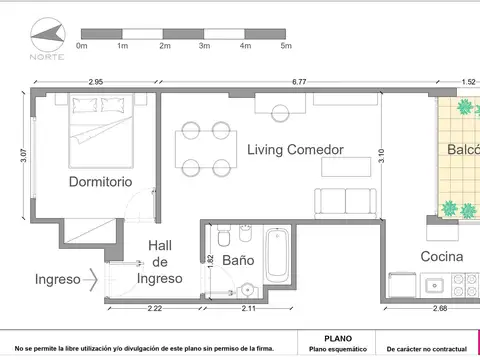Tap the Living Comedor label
pos(296,149)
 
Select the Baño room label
pos(238,260)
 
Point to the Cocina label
pos(441,257)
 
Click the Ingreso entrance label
pos(57,280)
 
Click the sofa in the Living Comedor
pos(346,202)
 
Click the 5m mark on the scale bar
pos(286,46)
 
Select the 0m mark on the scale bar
pos(82,46)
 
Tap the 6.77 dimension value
pos(299,83)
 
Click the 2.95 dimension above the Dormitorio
pos(97,83)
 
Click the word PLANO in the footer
pos(337,339)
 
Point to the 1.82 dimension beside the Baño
pos(210,259)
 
